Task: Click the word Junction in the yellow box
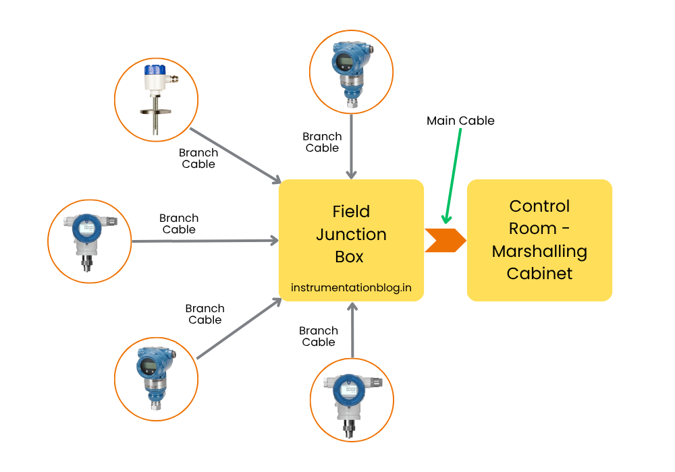[351, 234]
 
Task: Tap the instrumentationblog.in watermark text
[351, 287]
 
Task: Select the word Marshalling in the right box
[539, 252]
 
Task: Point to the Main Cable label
[460, 121]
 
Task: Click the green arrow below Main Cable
[453, 175]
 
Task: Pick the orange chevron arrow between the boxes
[445, 240]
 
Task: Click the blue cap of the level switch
[155, 70]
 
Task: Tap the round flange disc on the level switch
[156, 111]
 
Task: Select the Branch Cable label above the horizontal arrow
[179, 224]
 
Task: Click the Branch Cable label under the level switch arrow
[198, 158]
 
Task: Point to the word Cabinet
[539, 274]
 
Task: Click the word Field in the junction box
[351, 211]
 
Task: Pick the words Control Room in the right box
[539, 217]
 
